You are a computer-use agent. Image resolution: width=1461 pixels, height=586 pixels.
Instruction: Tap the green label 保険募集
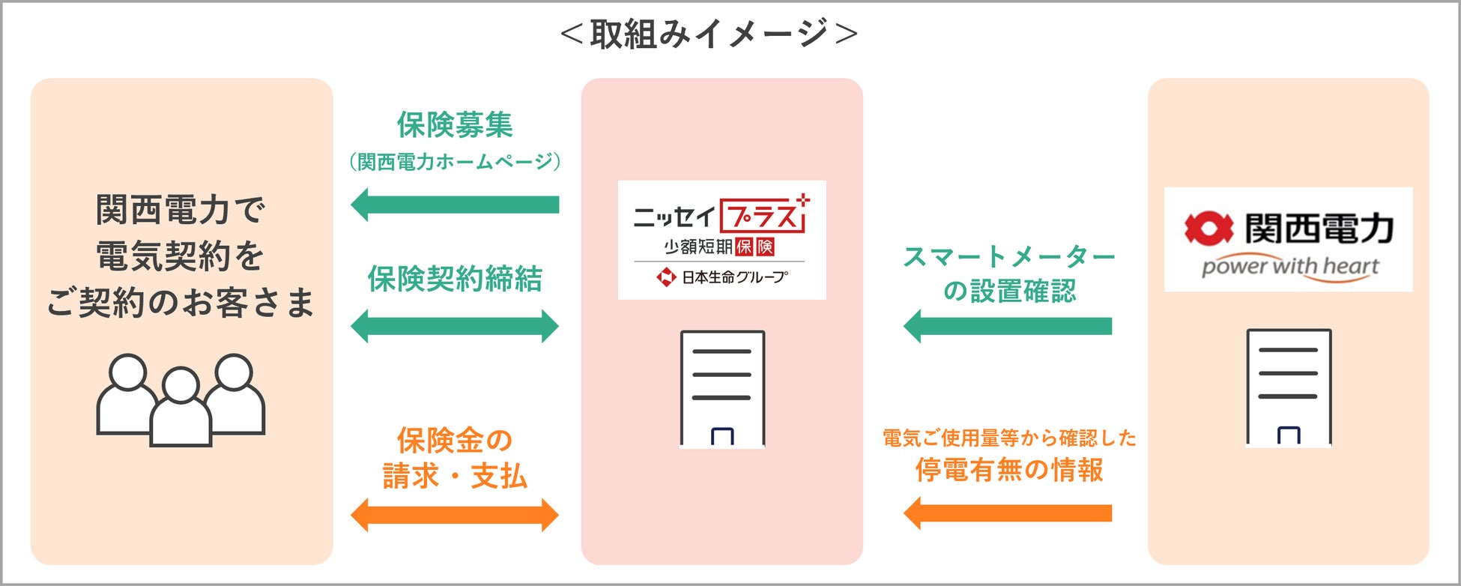coord(455,124)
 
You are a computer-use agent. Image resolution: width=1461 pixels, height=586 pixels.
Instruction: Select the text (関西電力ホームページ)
coord(455,161)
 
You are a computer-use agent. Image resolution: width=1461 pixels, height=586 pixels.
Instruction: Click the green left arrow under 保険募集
coord(455,205)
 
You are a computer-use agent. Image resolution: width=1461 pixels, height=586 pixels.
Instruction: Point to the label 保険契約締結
coord(455,279)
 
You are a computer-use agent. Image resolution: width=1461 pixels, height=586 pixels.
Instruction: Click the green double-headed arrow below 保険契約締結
coord(455,326)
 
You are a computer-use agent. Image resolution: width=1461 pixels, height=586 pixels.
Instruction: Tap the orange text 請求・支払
coord(455,476)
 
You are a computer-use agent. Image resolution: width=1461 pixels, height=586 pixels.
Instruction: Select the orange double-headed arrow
coord(455,515)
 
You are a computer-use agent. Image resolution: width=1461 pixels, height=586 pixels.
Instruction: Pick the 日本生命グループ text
coord(733,277)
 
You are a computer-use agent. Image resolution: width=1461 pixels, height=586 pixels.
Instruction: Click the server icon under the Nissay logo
coord(722,389)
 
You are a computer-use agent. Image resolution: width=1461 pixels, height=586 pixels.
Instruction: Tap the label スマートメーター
coord(1009,257)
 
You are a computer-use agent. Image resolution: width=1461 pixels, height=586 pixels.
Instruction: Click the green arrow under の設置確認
coord(1008,326)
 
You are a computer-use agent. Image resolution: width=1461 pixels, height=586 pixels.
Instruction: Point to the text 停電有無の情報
coord(1009,470)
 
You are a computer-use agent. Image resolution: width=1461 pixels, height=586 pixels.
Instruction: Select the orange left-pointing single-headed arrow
coord(1008,513)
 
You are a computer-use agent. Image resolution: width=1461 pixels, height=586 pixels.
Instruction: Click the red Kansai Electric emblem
coord(1208,229)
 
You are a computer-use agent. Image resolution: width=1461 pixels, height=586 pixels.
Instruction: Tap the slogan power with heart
coord(1290,267)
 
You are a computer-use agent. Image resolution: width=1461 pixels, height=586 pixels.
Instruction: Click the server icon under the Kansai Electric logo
coord(1289,387)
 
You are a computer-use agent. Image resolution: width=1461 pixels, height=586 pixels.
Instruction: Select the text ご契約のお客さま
coord(181,303)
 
